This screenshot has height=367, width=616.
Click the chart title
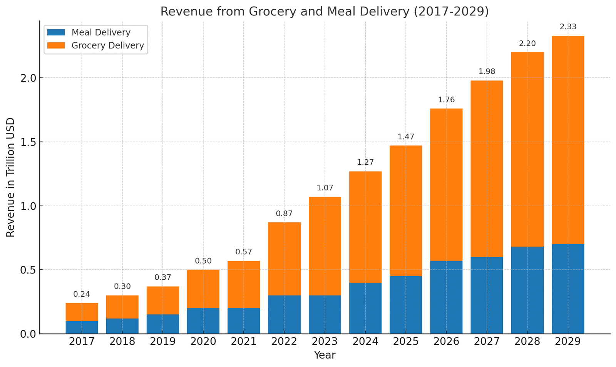point(324,12)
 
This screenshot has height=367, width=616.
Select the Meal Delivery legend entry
point(101,33)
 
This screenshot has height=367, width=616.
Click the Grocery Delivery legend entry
point(107,46)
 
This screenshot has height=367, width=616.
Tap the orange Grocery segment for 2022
point(284,259)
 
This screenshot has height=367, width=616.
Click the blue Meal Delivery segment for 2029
point(567,289)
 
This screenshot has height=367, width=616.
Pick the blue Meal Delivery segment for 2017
point(82,327)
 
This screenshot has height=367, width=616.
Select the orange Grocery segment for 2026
point(446,185)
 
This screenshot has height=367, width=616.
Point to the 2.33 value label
point(568,27)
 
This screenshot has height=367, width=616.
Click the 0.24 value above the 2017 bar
point(82,294)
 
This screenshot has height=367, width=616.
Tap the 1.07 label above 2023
point(325,188)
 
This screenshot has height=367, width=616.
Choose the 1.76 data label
point(446,100)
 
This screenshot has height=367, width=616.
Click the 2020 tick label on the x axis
point(203,342)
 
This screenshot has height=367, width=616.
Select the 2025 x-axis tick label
point(406,342)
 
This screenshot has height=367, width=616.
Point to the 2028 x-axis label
point(527,342)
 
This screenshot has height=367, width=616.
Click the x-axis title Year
point(325,355)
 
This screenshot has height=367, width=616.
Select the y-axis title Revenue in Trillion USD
point(11,177)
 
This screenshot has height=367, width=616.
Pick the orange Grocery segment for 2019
point(162,300)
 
